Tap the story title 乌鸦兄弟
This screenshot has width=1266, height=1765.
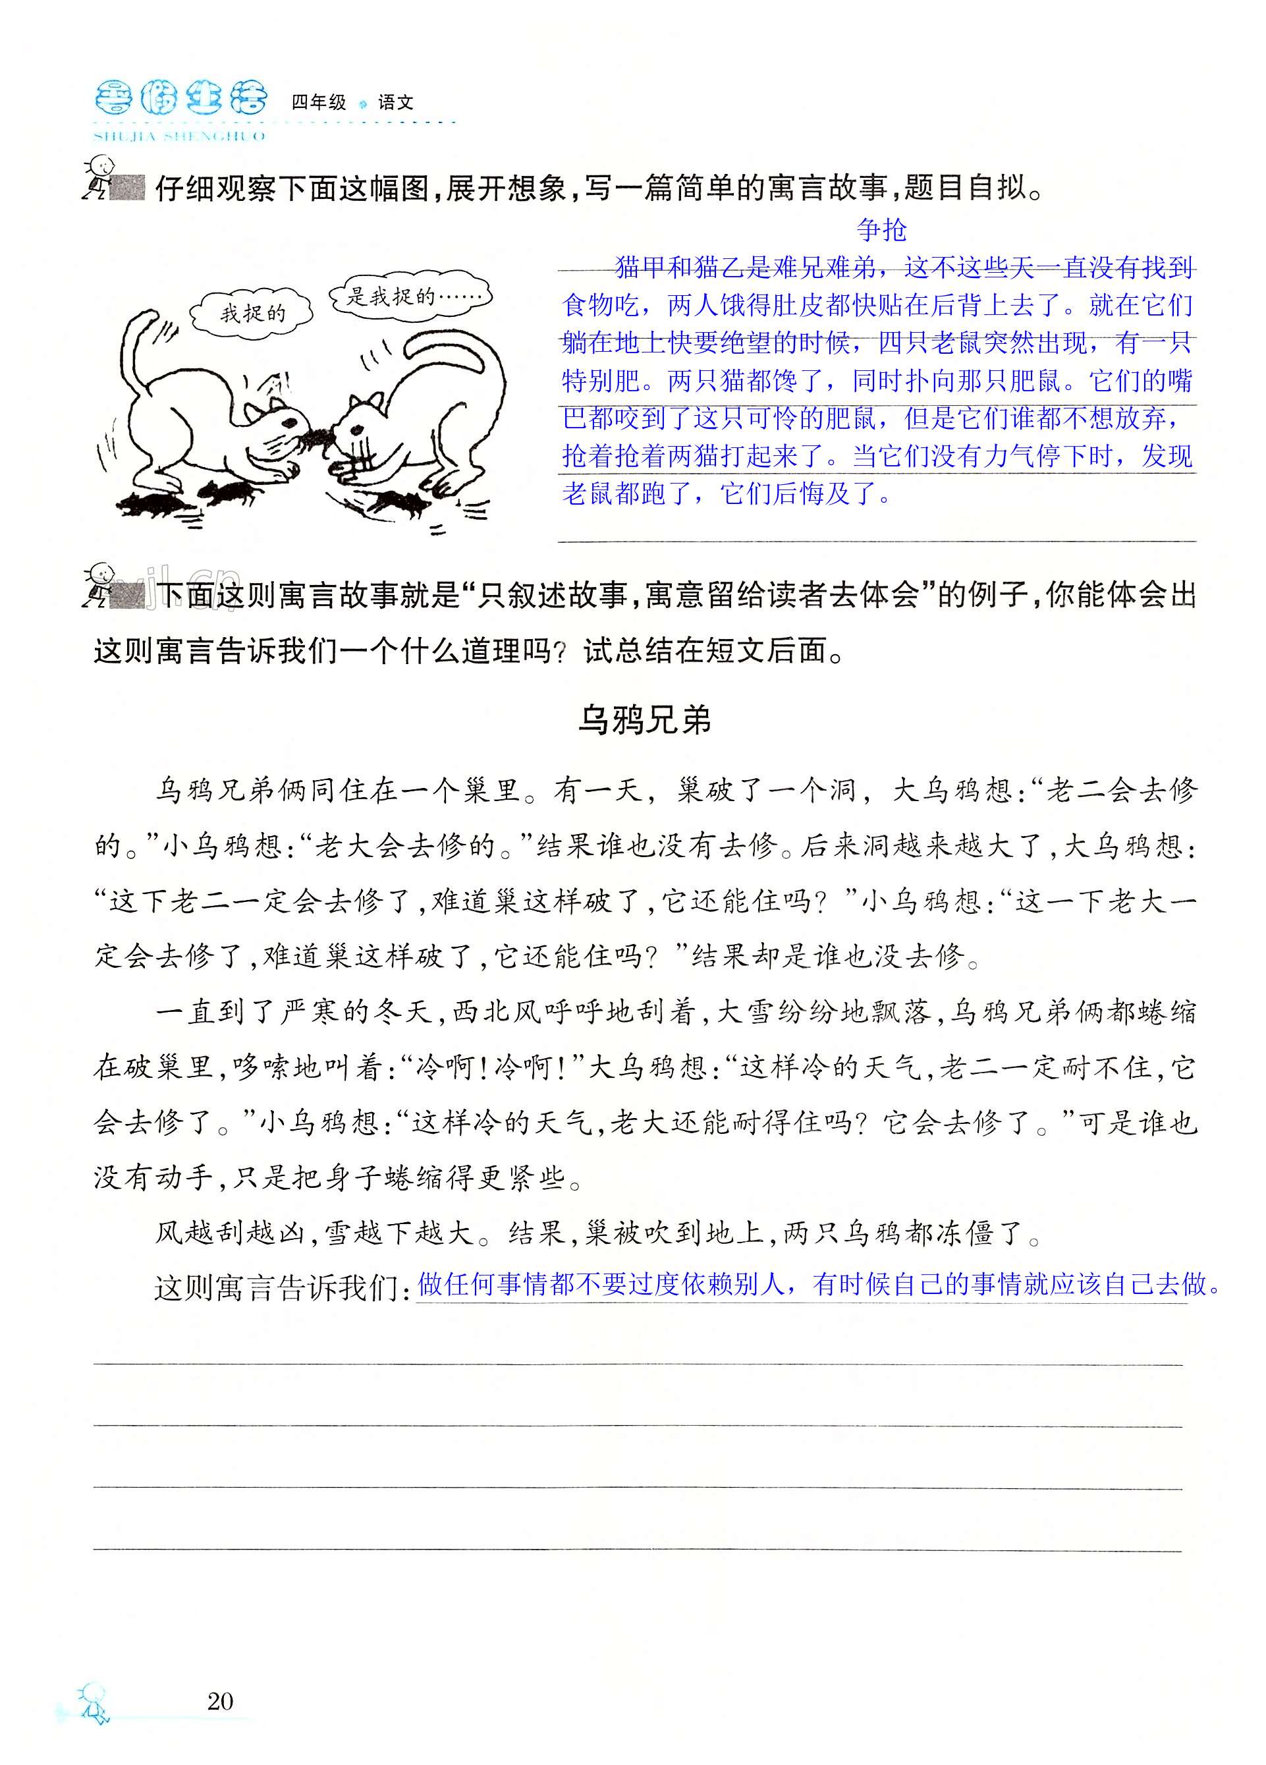(x=644, y=720)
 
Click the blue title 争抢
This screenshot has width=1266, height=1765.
(x=881, y=229)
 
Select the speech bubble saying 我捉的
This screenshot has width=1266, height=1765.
(x=252, y=314)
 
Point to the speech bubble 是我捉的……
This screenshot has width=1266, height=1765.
(x=410, y=296)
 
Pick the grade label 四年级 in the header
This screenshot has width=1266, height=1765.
(x=318, y=102)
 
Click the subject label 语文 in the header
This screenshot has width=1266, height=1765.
(x=395, y=102)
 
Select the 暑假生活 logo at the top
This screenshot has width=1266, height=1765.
(x=180, y=99)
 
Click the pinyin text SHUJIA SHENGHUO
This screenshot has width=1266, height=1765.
(x=179, y=136)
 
